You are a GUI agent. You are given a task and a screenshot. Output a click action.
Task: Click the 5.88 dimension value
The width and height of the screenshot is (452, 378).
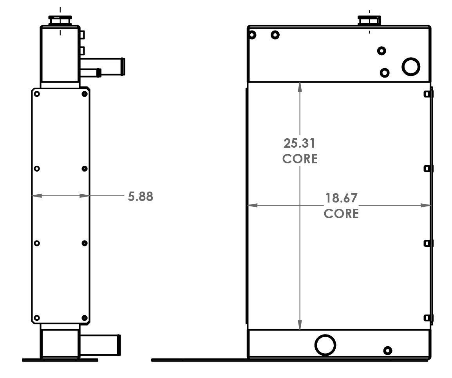coord(140,196)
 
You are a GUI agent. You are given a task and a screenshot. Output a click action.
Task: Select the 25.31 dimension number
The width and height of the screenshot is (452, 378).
coord(300,143)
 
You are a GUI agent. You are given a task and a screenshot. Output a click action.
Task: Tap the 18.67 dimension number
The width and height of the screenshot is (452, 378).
coord(341,198)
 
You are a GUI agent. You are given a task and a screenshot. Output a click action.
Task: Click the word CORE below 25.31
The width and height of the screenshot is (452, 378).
coord(300,159)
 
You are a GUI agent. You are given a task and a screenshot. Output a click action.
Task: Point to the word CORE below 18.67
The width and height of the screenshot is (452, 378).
coord(341,213)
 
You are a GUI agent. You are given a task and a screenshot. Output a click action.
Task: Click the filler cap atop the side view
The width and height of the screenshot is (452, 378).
coord(60,20)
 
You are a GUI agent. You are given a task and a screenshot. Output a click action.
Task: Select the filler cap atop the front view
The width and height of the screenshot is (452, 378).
coord(369,20)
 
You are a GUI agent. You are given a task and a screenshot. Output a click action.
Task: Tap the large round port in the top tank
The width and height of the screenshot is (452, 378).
coord(411,66)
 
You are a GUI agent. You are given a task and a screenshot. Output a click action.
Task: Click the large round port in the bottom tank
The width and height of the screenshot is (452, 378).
coord(325,345)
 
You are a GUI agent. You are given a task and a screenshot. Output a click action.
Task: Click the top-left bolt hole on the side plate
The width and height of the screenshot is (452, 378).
coord(37,94)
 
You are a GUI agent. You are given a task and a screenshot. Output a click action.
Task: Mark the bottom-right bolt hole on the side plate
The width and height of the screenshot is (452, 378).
coord(85,318)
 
